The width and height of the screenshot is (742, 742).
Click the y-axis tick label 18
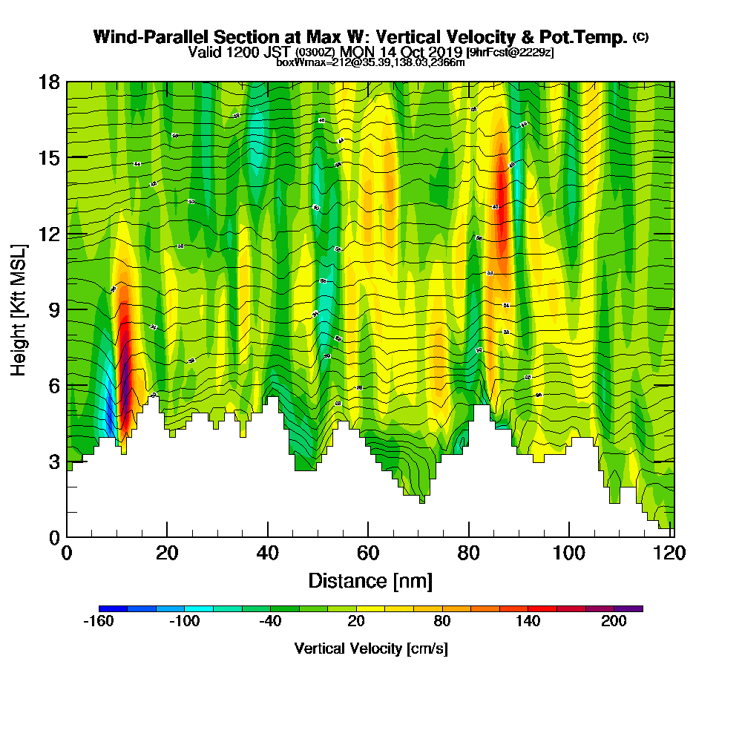(x=50, y=82)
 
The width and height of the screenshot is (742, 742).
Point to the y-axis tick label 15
(x=50, y=157)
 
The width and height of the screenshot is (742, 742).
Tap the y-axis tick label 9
(x=54, y=309)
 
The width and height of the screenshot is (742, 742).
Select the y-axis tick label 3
(x=54, y=462)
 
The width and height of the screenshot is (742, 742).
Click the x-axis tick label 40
(x=268, y=554)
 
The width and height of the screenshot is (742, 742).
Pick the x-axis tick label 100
(x=568, y=554)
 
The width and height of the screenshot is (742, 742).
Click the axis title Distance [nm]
(x=370, y=580)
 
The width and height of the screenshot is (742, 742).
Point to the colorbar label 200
(x=614, y=622)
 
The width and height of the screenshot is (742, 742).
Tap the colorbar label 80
(x=442, y=622)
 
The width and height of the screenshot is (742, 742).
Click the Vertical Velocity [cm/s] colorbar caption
(x=370, y=649)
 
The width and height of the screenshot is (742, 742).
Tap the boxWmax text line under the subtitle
(x=370, y=62)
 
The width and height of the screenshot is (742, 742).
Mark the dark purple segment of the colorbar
(x=628, y=608)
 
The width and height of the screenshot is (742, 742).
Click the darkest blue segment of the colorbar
(x=113, y=608)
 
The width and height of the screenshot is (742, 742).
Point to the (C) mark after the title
(x=641, y=36)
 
